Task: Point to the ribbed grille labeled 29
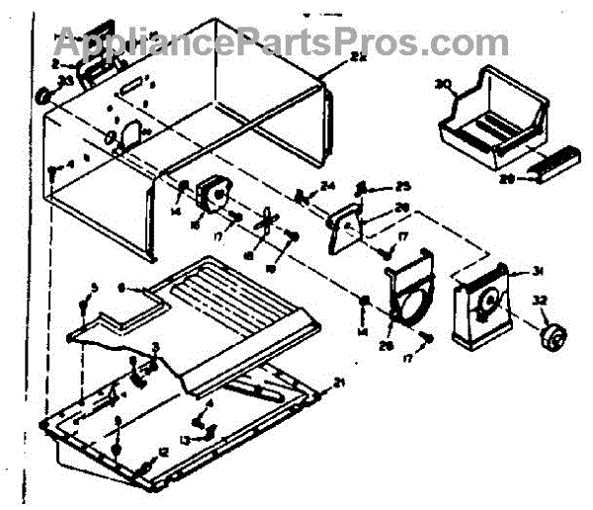(554, 165)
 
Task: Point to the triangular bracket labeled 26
(345, 223)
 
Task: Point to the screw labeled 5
(87, 307)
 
